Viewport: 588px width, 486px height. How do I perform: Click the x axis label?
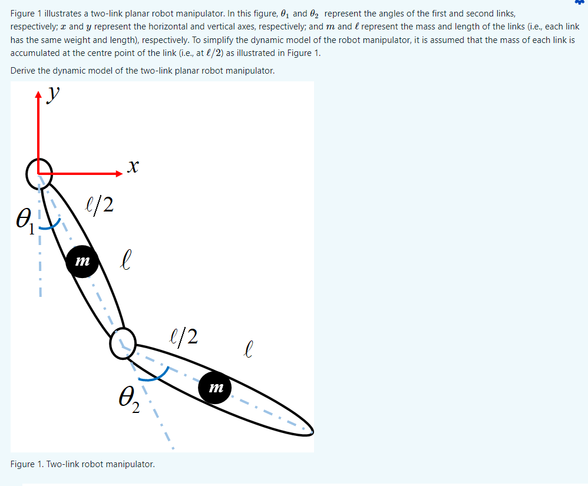[133, 168]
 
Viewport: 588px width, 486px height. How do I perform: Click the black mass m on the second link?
[215, 386]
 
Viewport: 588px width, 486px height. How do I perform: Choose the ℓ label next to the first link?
[124, 259]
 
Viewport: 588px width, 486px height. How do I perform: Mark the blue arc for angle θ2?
[154, 375]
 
